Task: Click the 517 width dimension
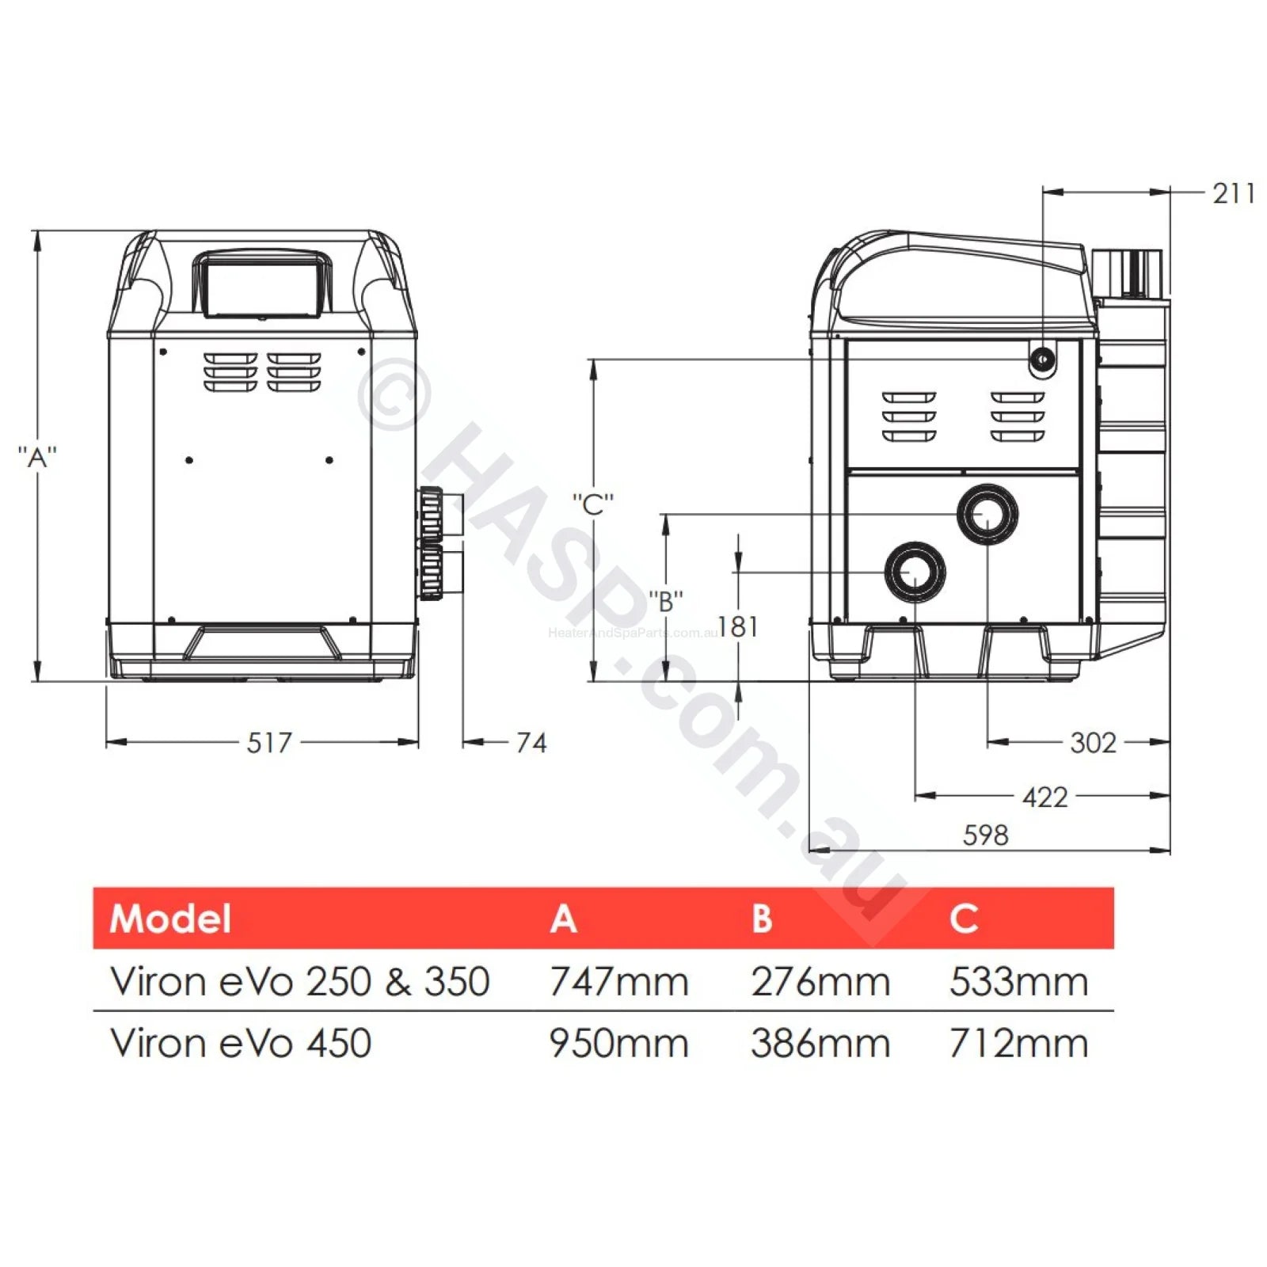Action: point(269,743)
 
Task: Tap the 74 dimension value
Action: point(531,743)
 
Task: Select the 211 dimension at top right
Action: point(1234,193)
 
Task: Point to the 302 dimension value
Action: point(1093,743)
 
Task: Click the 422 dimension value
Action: point(1045,797)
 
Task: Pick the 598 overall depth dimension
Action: point(986,835)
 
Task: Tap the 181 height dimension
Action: point(739,627)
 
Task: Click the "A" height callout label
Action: point(37,458)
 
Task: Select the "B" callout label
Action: point(666,602)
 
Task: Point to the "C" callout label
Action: point(593,504)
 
